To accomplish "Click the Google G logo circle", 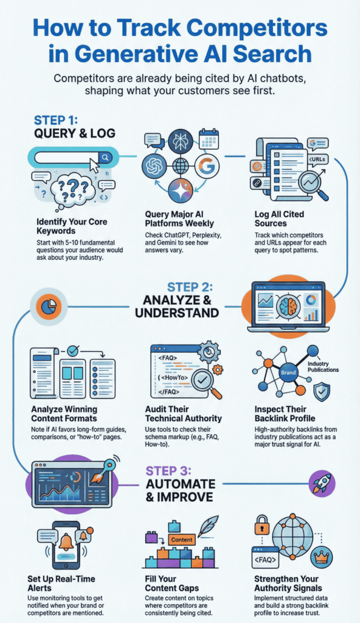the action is pos(207,165).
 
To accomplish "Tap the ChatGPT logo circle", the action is pos(155,165).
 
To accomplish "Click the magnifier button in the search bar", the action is pos(105,158).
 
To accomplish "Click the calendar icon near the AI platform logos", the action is pos(209,139).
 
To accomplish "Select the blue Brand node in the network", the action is pos(288,372).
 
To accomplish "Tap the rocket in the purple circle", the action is pos(322,484).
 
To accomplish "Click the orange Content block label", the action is pos(182,540).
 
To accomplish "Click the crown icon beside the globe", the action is pos(320,558).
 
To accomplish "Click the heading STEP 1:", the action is pos(56,120).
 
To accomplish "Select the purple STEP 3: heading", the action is pos(168,471).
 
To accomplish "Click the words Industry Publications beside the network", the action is pos(323,367).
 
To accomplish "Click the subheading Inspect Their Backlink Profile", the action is pos(285,414).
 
